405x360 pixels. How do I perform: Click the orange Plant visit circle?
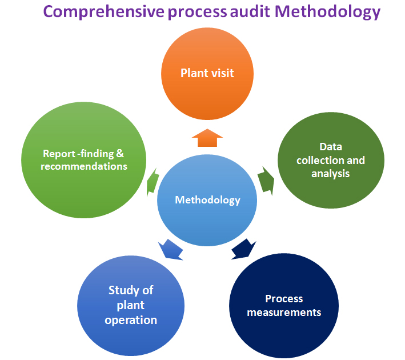click(x=207, y=73)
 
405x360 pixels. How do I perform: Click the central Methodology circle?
click(x=207, y=200)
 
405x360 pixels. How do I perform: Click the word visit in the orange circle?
click(x=222, y=73)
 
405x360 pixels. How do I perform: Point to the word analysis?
click(x=330, y=173)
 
